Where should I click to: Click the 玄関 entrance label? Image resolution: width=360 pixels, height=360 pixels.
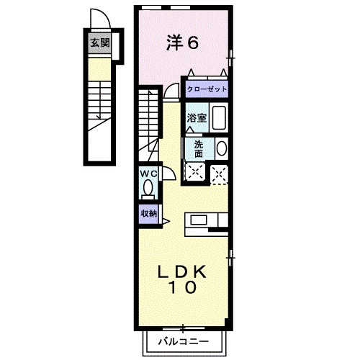pyautogui.click(x=99, y=42)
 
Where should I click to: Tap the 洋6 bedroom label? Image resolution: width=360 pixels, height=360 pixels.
pyautogui.click(x=181, y=43)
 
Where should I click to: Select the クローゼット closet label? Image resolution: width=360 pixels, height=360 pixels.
pyautogui.click(x=207, y=89)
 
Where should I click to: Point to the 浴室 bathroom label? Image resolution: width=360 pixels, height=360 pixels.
pyautogui.click(x=197, y=117)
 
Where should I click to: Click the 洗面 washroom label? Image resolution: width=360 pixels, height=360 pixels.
pyautogui.click(x=198, y=148)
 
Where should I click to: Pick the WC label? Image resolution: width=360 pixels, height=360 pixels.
pyautogui.click(x=148, y=174)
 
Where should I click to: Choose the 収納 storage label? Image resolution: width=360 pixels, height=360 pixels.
pyautogui.click(x=148, y=213)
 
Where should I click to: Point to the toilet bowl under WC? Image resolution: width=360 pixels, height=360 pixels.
pyautogui.click(x=148, y=189)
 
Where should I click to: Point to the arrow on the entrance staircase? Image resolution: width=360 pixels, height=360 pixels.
pyautogui.click(x=96, y=115)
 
